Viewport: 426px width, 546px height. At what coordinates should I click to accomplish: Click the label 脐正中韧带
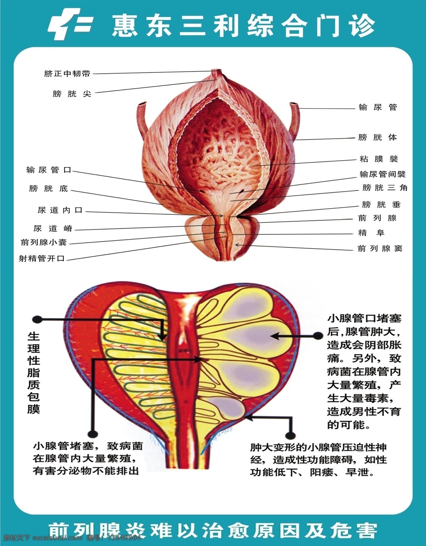tap(67, 73)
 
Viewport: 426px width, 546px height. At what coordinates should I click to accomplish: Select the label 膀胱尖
tap(72, 94)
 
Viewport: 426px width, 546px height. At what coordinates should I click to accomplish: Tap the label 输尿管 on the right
tap(378, 107)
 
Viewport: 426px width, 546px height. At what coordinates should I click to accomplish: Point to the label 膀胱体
tap(377, 137)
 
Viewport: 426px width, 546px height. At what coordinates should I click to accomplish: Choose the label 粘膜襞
tap(379, 159)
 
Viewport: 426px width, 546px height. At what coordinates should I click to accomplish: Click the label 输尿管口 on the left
tap(49, 170)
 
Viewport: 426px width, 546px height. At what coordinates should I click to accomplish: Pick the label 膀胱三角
tap(385, 187)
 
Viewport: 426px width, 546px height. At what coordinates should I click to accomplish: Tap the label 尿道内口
tap(60, 210)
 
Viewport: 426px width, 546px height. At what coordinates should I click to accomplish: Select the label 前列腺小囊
tap(44, 242)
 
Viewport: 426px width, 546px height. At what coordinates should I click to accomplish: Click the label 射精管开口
tap(42, 258)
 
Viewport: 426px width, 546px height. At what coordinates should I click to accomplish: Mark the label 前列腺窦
tap(380, 249)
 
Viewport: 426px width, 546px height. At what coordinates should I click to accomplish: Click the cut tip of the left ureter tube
tap(142, 103)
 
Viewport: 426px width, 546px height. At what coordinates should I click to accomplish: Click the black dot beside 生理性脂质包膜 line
tap(38, 320)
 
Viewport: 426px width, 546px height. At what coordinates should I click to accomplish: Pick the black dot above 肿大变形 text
tap(291, 435)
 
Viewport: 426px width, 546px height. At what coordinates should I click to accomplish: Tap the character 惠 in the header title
tap(125, 25)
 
